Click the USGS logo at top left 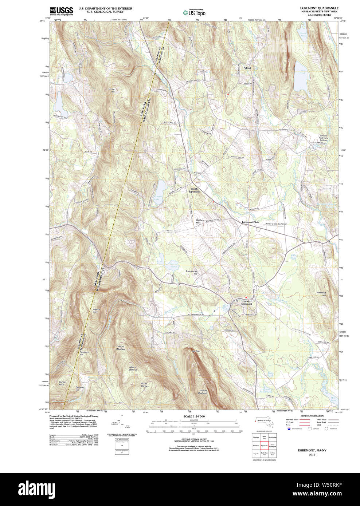pos(61,11)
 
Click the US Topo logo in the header pos(195,12)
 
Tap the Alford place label pos(247,68)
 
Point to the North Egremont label pos(194,190)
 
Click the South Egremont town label pos(247,303)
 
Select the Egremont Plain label pos(250,222)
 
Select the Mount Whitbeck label pos(121,348)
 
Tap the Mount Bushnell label pos(203,392)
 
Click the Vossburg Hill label pos(321,294)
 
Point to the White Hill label pos(111,90)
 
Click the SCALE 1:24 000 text pos(194,416)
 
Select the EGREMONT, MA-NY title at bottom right pos(312,450)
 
